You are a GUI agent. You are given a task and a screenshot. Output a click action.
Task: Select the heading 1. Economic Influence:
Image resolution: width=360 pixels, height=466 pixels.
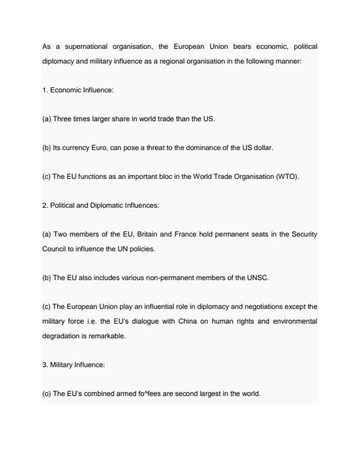(x=78, y=90)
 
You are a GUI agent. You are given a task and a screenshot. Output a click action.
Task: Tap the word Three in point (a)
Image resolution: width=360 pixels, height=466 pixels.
(x=62, y=119)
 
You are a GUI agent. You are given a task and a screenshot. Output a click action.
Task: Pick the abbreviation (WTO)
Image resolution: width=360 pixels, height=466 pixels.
(x=287, y=177)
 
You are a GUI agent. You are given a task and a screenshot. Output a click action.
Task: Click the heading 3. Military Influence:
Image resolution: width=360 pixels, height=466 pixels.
(x=74, y=365)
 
